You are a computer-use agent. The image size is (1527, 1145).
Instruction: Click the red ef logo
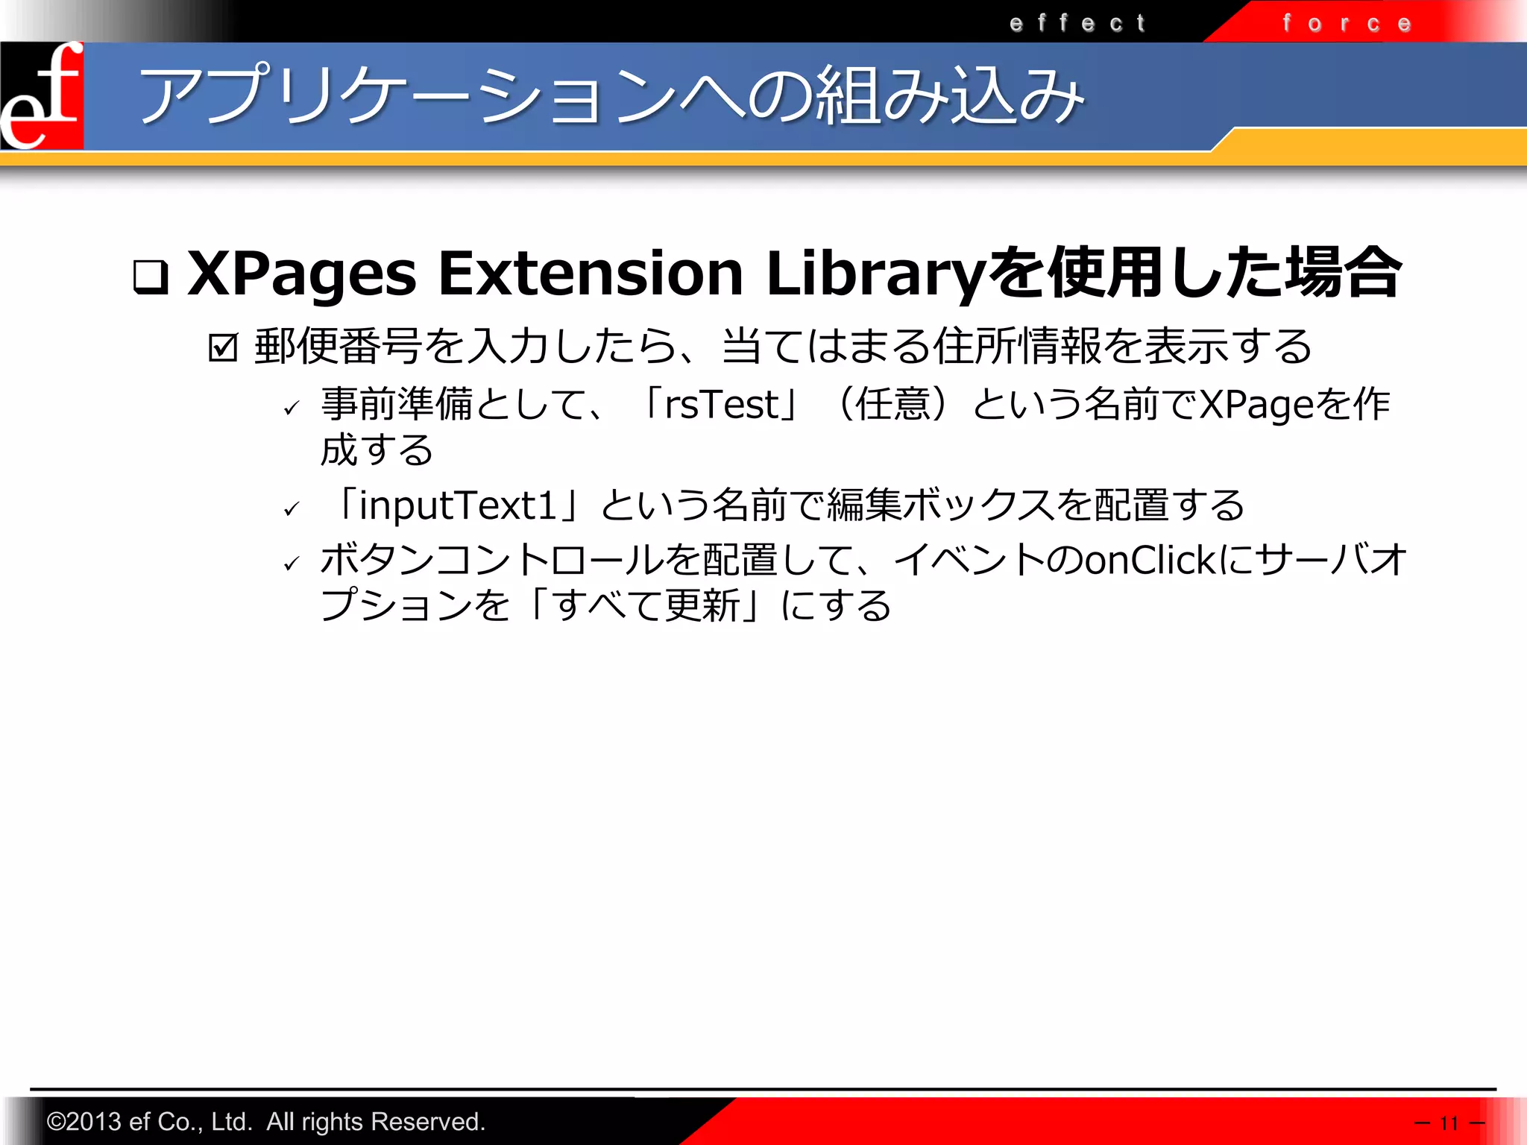click(x=42, y=95)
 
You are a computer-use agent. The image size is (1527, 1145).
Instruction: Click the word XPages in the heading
click(x=302, y=274)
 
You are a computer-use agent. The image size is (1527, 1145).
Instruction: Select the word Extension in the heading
click(x=591, y=273)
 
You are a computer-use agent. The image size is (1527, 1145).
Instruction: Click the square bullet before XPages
click(x=151, y=277)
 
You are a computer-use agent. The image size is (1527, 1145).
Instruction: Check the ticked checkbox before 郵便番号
click(x=223, y=347)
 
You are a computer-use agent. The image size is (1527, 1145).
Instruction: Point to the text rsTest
click(x=721, y=406)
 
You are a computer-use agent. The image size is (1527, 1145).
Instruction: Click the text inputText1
click(x=458, y=505)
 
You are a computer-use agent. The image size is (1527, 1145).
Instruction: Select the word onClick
click(x=1150, y=561)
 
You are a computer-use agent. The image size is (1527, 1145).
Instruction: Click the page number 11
click(x=1449, y=1123)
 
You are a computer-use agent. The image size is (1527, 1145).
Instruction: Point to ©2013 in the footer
click(x=83, y=1122)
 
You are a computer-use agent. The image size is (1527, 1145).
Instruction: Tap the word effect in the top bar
click(x=1077, y=24)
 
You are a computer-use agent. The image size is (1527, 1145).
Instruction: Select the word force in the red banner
click(x=1347, y=24)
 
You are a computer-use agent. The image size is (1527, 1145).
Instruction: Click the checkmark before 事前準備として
click(x=292, y=408)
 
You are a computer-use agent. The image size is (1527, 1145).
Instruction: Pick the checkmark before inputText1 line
click(x=292, y=509)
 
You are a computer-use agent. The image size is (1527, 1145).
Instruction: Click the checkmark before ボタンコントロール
click(x=292, y=564)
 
